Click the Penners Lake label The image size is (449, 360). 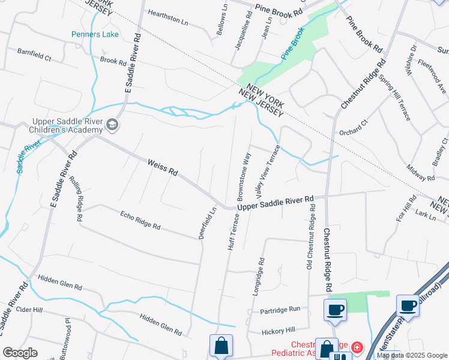point(95,34)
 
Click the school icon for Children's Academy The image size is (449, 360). point(112,125)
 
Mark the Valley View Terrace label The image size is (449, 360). point(268,172)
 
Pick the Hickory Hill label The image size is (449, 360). point(279,331)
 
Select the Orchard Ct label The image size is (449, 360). point(352,128)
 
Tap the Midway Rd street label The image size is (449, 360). point(420,173)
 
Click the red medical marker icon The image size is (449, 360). point(357,347)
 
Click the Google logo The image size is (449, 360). point(20,353)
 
